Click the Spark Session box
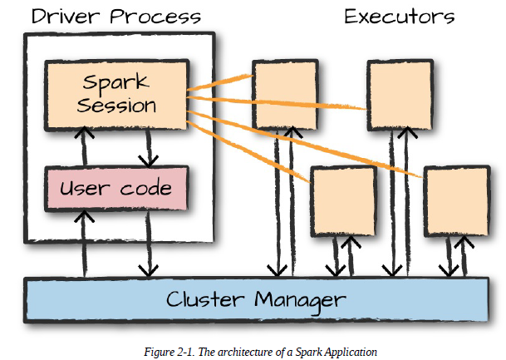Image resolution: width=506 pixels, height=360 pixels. point(116,96)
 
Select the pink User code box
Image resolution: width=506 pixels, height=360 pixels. point(116,189)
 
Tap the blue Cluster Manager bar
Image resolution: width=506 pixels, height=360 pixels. point(257,299)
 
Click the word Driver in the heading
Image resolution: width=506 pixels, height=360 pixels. point(66,16)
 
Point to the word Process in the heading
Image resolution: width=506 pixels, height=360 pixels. point(155,17)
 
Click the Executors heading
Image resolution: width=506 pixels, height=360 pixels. point(400,17)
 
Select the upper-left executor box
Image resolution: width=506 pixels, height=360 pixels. point(285,96)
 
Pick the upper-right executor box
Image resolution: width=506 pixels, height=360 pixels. point(400,96)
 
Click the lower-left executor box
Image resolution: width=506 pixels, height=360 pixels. point(343,201)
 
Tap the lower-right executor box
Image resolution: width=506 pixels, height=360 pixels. point(457,201)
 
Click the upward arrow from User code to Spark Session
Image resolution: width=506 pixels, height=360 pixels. point(84,146)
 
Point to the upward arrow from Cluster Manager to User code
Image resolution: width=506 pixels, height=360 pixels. point(84,244)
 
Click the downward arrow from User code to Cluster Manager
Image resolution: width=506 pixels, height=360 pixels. point(149,244)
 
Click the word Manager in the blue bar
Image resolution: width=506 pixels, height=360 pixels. point(300,300)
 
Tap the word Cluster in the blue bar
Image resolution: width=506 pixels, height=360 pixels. point(205,299)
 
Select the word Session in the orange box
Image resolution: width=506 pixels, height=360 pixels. point(116,106)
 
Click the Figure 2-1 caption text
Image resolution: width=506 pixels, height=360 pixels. point(260,352)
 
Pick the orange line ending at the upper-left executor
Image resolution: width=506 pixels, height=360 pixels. point(219,82)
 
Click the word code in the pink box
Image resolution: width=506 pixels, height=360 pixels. point(146,188)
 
